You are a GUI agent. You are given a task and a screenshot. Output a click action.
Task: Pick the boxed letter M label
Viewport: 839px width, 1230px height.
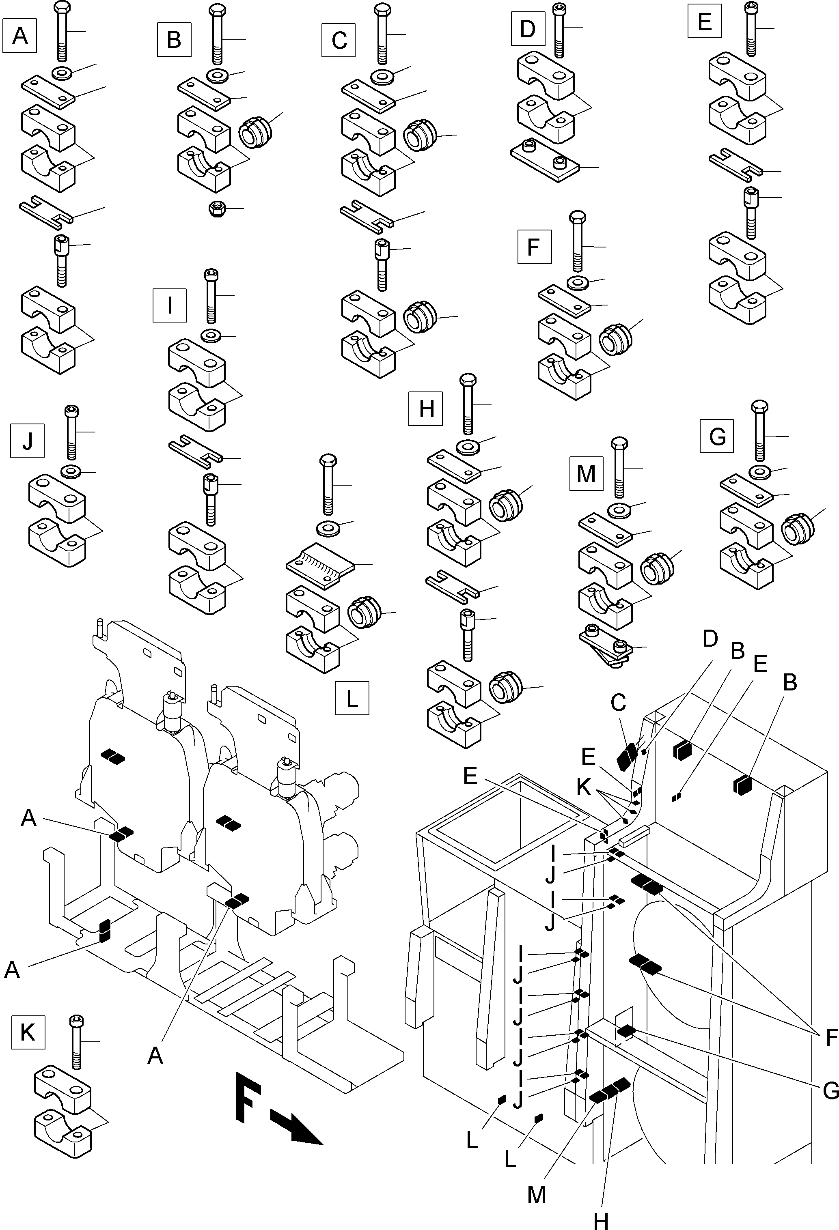click(x=586, y=474)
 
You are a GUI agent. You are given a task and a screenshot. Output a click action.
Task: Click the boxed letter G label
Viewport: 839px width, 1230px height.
click(x=717, y=436)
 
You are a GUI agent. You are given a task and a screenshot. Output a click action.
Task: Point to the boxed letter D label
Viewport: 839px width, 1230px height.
click(x=528, y=28)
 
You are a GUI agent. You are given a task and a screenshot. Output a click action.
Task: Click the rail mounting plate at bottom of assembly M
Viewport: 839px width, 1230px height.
click(x=606, y=648)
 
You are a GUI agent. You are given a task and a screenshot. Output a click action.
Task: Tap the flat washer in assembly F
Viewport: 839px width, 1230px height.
click(x=579, y=282)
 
